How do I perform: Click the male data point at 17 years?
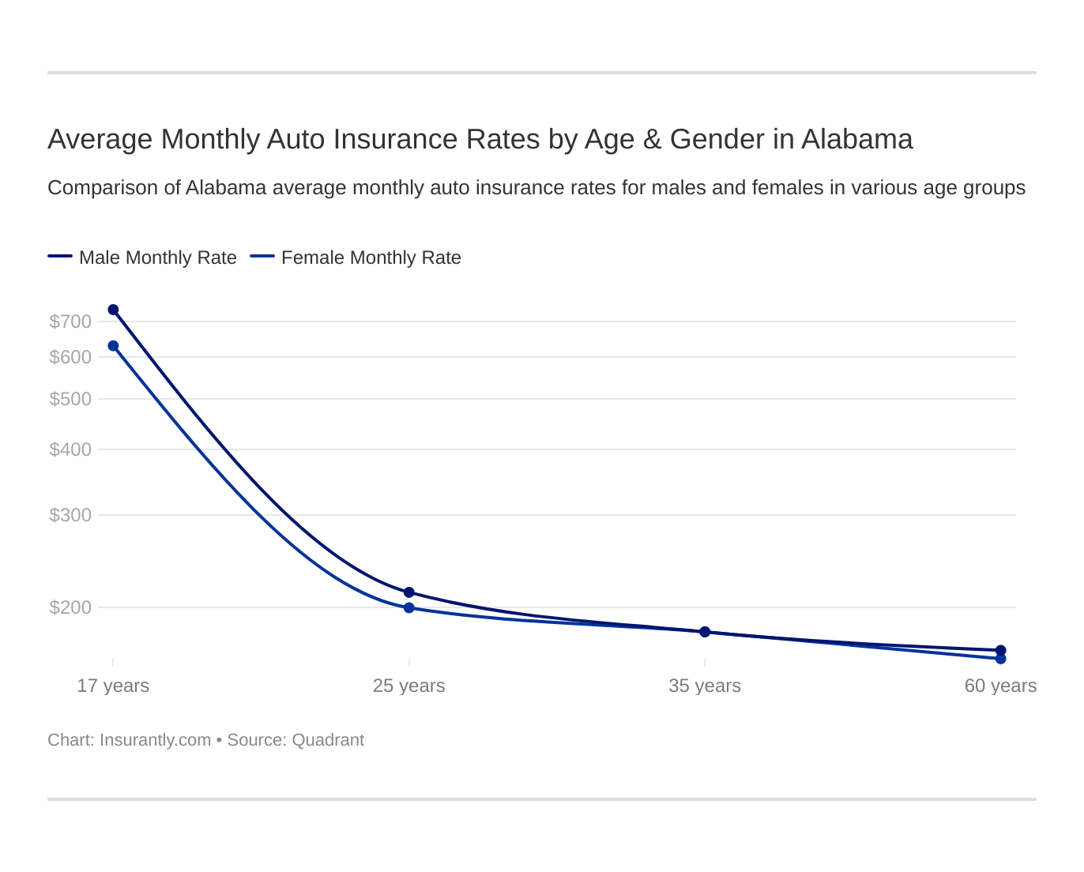click(113, 310)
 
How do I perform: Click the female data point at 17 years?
click(113, 346)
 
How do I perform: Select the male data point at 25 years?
click(409, 592)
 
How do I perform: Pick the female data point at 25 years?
click(409, 607)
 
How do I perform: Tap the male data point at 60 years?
click(1000, 650)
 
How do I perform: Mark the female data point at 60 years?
click(1000, 659)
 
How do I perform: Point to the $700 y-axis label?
click(70, 321)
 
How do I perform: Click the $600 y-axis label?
click(70, 357)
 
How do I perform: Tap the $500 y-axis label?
click(70, 399)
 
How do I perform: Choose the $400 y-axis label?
click(70, 449)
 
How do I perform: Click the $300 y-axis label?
click(70, 515)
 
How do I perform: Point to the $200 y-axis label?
click(70, 607)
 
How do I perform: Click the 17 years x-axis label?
click(113, 686)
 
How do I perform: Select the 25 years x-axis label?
click(408, 686)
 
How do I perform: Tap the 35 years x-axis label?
click(704, 686)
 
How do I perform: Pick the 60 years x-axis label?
click(1000, 686)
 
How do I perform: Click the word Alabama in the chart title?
click(856, 139)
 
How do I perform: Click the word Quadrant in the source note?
click(328, 740)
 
